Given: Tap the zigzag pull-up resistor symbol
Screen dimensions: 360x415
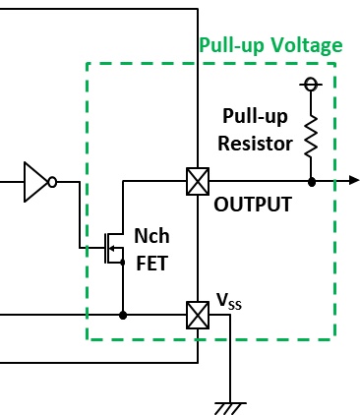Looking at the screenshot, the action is tap(311, 136).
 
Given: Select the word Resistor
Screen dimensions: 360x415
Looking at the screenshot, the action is tap(255, 144).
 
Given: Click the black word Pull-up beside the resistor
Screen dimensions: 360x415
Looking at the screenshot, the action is tap(255, 116).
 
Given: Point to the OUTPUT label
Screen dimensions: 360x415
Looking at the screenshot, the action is tap(253, 205).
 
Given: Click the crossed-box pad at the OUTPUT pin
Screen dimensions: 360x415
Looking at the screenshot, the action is tap(198, 181).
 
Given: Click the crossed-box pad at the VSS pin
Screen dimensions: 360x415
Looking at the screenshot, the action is tap(198, 315).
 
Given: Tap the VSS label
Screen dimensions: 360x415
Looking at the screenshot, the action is tap(229, 301).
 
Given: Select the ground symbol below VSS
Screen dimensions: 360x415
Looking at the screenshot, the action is tap(230, 408).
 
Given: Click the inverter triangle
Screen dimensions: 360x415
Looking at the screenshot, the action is tap(36, 182).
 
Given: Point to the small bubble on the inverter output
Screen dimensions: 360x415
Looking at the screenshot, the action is tap(52, 182).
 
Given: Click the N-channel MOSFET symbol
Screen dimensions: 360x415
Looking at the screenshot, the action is tap(113, 248).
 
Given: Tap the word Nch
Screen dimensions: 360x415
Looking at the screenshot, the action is tap(151, 236).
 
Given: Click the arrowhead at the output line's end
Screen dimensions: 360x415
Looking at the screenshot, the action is tap(354, 180).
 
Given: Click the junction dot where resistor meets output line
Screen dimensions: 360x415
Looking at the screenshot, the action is tap(312, 181).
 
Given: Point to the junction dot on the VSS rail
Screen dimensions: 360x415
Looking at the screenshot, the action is tap(123, 316).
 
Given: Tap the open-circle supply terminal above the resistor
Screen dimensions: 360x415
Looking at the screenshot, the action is tap(311, 85).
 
